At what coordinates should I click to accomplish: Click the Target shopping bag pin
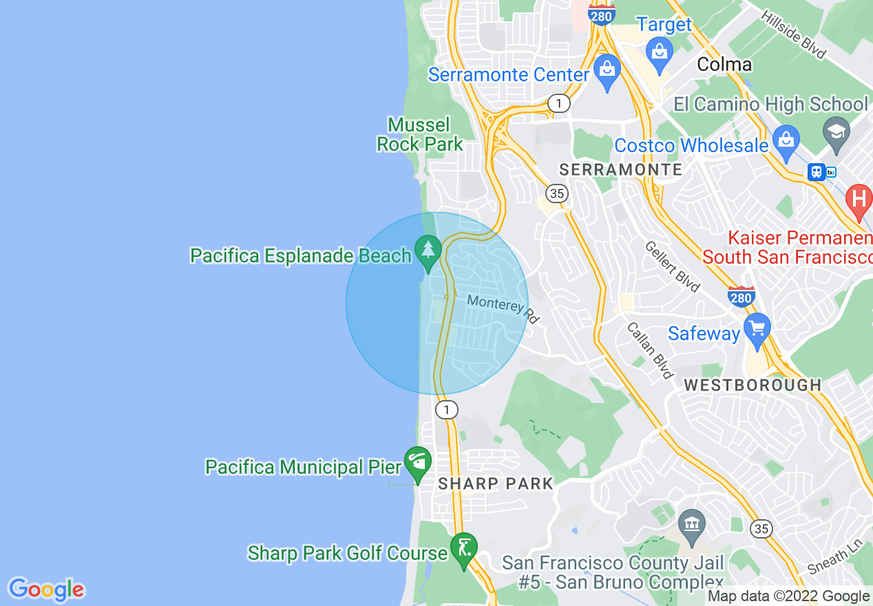tap(660, 52)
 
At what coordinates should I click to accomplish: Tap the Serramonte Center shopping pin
tap(607, 71)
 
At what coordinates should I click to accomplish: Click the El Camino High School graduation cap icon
tap(837, 129)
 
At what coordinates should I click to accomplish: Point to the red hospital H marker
tap(859, 200)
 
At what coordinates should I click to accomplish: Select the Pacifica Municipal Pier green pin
tap(417, 463)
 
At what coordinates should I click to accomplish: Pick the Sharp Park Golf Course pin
tap(464, 549)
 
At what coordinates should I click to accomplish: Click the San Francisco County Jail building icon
tap(691, 526)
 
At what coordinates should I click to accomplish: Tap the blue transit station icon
tap(817, 171)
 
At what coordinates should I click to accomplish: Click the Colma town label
tap(724, 65)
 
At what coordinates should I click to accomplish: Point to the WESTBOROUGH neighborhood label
tap(753, 385)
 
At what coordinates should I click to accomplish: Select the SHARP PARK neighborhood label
tap(496, 483)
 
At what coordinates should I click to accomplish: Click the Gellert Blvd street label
tap(673, 267)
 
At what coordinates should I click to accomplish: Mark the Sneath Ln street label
tap(834, 556)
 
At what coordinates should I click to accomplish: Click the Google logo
tap(46, 589)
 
